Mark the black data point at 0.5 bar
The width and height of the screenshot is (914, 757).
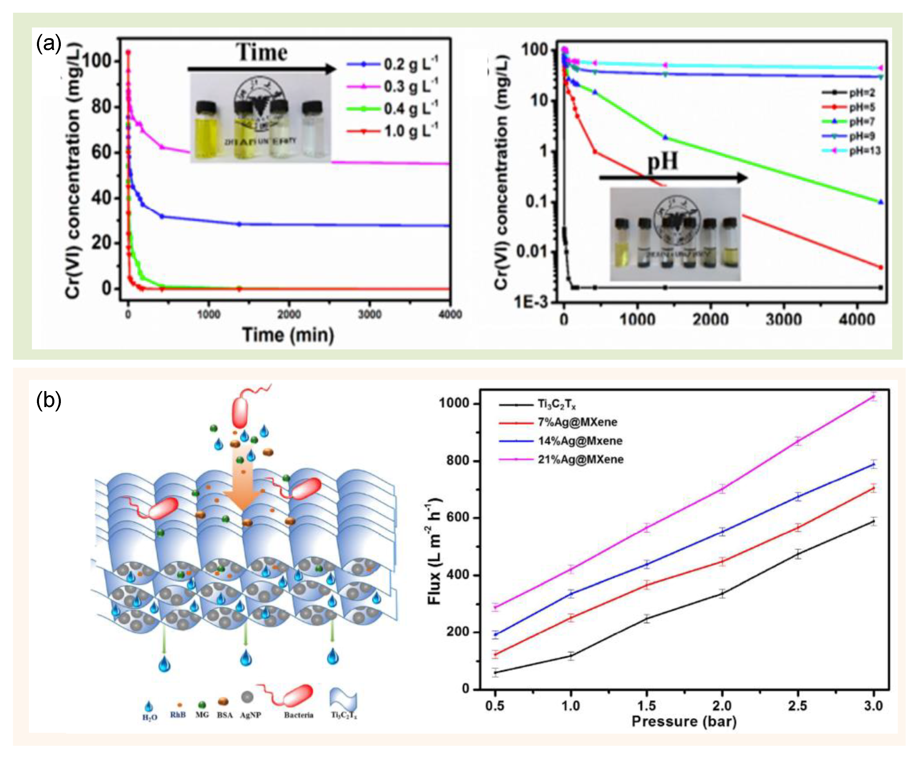[495, 672]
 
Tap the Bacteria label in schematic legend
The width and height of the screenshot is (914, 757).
[298, 715]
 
